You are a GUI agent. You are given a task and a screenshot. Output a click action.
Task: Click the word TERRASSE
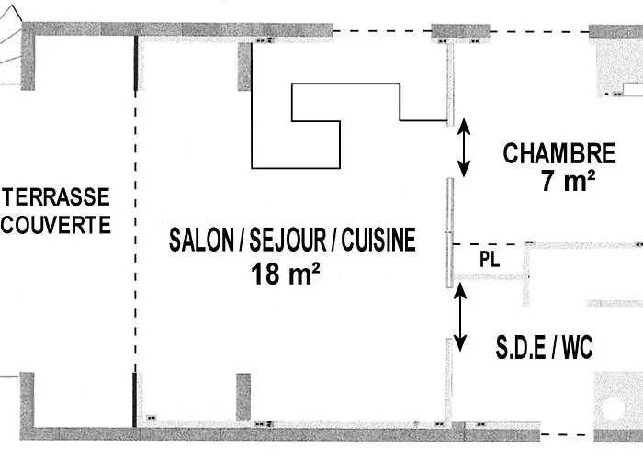[x=57, y=196]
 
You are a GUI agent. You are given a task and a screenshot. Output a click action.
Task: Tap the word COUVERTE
[x=57, y=224]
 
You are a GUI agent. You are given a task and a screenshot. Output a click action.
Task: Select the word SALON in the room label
[x=200, y=241]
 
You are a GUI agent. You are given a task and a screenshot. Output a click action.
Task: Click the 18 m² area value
[x=285, y=273]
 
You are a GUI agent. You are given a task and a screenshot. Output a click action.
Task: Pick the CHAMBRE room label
[x=558, y=152]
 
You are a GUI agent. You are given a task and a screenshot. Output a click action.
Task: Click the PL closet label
[x=490, y=260]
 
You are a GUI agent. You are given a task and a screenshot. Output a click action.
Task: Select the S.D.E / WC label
[x=544, y=347]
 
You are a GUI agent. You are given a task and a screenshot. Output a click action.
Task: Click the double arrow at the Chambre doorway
[x=465, y=147]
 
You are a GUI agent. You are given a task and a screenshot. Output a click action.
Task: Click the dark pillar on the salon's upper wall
[x=244, y=66]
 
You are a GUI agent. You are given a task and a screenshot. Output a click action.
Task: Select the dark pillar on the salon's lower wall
[x=243, y=397]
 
